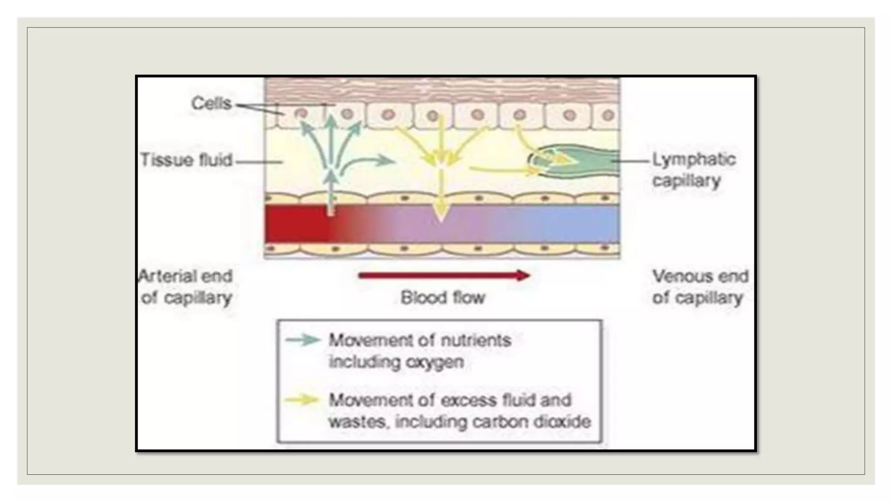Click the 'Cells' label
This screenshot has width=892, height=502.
coord(211,104)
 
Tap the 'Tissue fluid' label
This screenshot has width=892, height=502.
coord(186,160)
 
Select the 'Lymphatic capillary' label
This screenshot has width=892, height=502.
coord(693,170)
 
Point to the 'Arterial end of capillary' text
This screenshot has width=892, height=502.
coord(186,287)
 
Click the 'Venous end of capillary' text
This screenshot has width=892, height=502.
coord(699,287)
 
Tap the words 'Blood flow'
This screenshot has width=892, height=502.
coord(443,298)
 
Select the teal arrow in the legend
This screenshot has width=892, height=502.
coord(302,340)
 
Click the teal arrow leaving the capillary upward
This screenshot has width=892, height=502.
coord(331,192)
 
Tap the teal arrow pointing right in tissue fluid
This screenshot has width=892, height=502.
coord(370,161)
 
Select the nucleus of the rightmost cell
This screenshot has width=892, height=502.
coord(608,115)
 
